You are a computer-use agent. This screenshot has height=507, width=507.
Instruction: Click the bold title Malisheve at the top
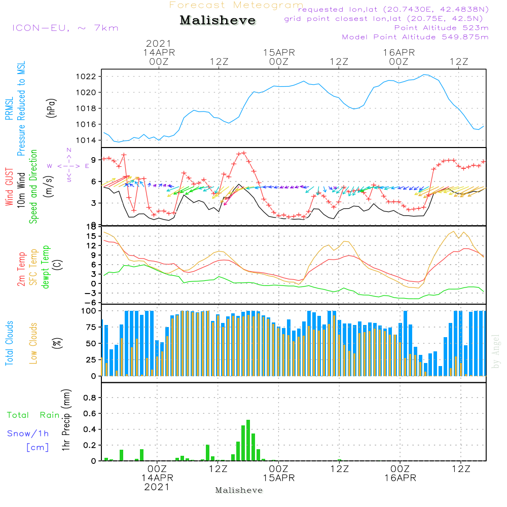coord(218,20)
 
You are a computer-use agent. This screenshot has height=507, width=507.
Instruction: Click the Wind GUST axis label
coord(9,188)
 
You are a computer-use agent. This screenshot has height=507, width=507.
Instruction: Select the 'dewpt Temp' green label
coord(46,267)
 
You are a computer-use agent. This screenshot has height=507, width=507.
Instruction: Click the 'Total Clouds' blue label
coord(9,343)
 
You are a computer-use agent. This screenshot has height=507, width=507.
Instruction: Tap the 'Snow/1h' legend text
coord(28,433)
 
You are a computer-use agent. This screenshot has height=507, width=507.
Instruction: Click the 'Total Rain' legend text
coord(33,415)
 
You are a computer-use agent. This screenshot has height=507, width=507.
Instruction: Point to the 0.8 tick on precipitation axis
coord(89,398)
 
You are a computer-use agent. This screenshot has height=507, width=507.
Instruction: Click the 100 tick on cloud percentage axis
coord(87,310)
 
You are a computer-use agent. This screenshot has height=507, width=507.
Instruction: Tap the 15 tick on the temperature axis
coord(91,236)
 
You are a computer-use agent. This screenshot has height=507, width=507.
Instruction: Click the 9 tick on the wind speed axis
coord(94,159)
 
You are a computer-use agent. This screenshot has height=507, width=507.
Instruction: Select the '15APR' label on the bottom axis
coord(278,478)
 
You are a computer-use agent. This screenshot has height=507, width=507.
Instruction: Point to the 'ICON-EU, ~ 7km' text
coord(65,28)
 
